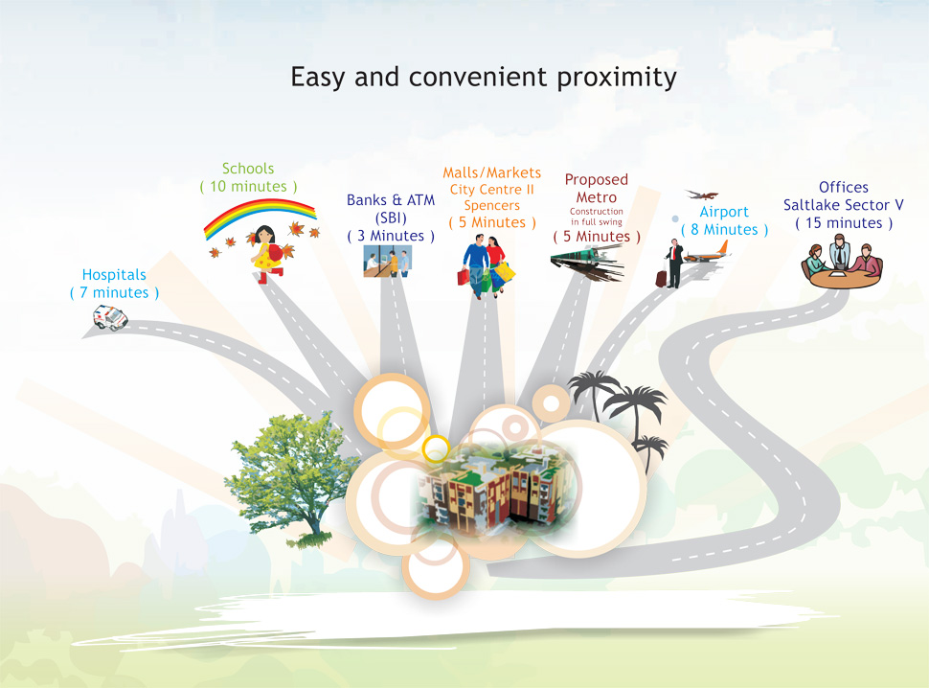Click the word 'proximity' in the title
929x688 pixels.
(616, 79)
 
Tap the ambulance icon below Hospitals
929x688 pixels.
(110, 317)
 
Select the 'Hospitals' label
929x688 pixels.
(114, 275)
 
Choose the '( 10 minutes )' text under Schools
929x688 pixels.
(248, 187)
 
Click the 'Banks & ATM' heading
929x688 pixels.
(391, 200)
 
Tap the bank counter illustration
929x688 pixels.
(388, 262)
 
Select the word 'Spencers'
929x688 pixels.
(491, 206)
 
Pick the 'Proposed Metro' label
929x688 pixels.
(597, 189)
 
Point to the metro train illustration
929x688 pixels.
(586, 262)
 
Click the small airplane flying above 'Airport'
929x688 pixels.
(702, 195)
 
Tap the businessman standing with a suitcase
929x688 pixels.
(673, 264)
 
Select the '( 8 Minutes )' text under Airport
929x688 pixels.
(724, 230)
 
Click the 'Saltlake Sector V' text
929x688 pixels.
(843, 205)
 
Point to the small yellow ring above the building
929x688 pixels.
(436, 448)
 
